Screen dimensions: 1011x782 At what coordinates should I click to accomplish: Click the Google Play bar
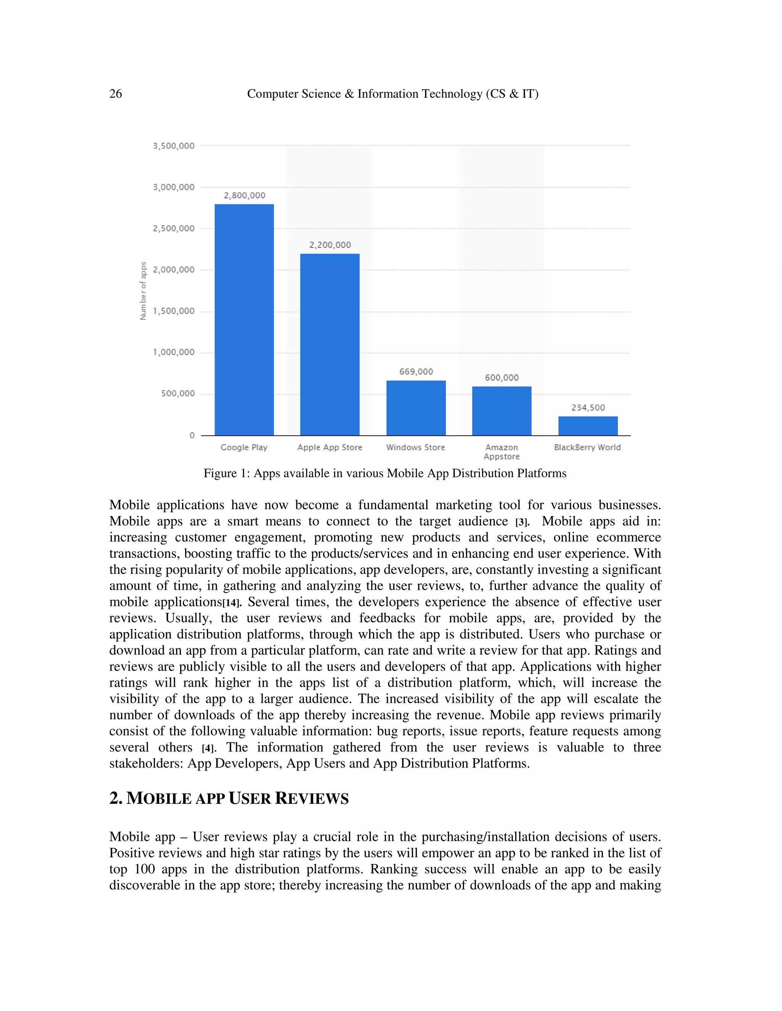[x=244, y=319]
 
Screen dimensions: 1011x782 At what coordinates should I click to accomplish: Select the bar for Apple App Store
[x=330, y=345]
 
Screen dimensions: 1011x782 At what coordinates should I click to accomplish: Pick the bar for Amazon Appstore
[x=501, y=411]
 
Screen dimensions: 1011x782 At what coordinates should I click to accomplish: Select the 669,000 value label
[x=416, y=372]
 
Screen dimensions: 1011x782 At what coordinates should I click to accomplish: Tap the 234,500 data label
[x=588, y=408]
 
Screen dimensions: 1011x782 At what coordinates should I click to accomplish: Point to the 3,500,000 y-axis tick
[x=174, y=146]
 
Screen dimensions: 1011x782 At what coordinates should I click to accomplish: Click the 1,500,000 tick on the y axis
[x=174, y=311]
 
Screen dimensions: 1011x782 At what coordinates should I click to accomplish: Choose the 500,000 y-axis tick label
[x=178, y=393]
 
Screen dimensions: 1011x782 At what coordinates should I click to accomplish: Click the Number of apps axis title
[x=143, y=291]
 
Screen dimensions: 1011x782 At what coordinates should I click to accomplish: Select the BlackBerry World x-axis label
[x=587, y=447]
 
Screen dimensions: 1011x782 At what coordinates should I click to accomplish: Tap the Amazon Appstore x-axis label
[x=501, y=452]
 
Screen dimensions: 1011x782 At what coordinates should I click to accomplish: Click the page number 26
[x=115, y=94]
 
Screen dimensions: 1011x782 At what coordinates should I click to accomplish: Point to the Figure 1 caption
[x=385, y=473]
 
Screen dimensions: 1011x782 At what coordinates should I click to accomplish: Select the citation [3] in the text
[x=522, y=523]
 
